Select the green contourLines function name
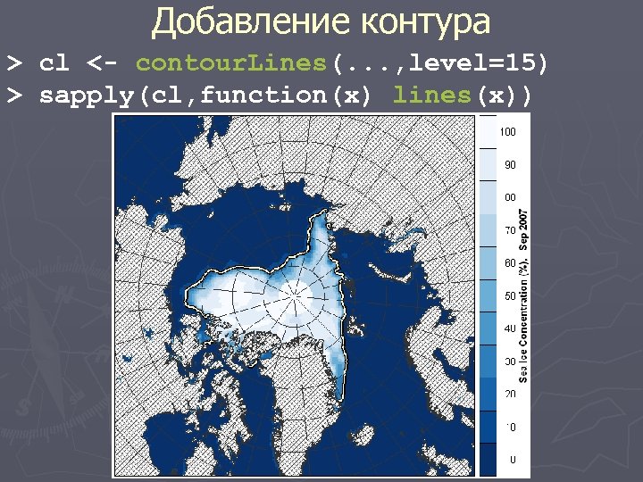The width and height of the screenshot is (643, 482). pyautogui.click(x=233, y=63)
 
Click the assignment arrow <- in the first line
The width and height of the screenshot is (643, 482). pyautogui.click(x=99, y=63)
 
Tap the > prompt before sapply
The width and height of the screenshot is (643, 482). pyautogui.click(x=14, y=96)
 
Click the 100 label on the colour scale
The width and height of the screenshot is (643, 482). pyautogui.click(x=508, y=132)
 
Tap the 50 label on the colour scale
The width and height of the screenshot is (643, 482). pyautogui.click(x=508, y=295)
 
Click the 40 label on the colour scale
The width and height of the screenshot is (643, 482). pyautogui.click(x=508, y=328)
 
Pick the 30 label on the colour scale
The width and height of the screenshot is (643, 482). pyautogui.click(x=508, y=361)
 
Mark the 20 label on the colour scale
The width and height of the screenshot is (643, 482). pyautogui.click(x=508, y=394)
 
